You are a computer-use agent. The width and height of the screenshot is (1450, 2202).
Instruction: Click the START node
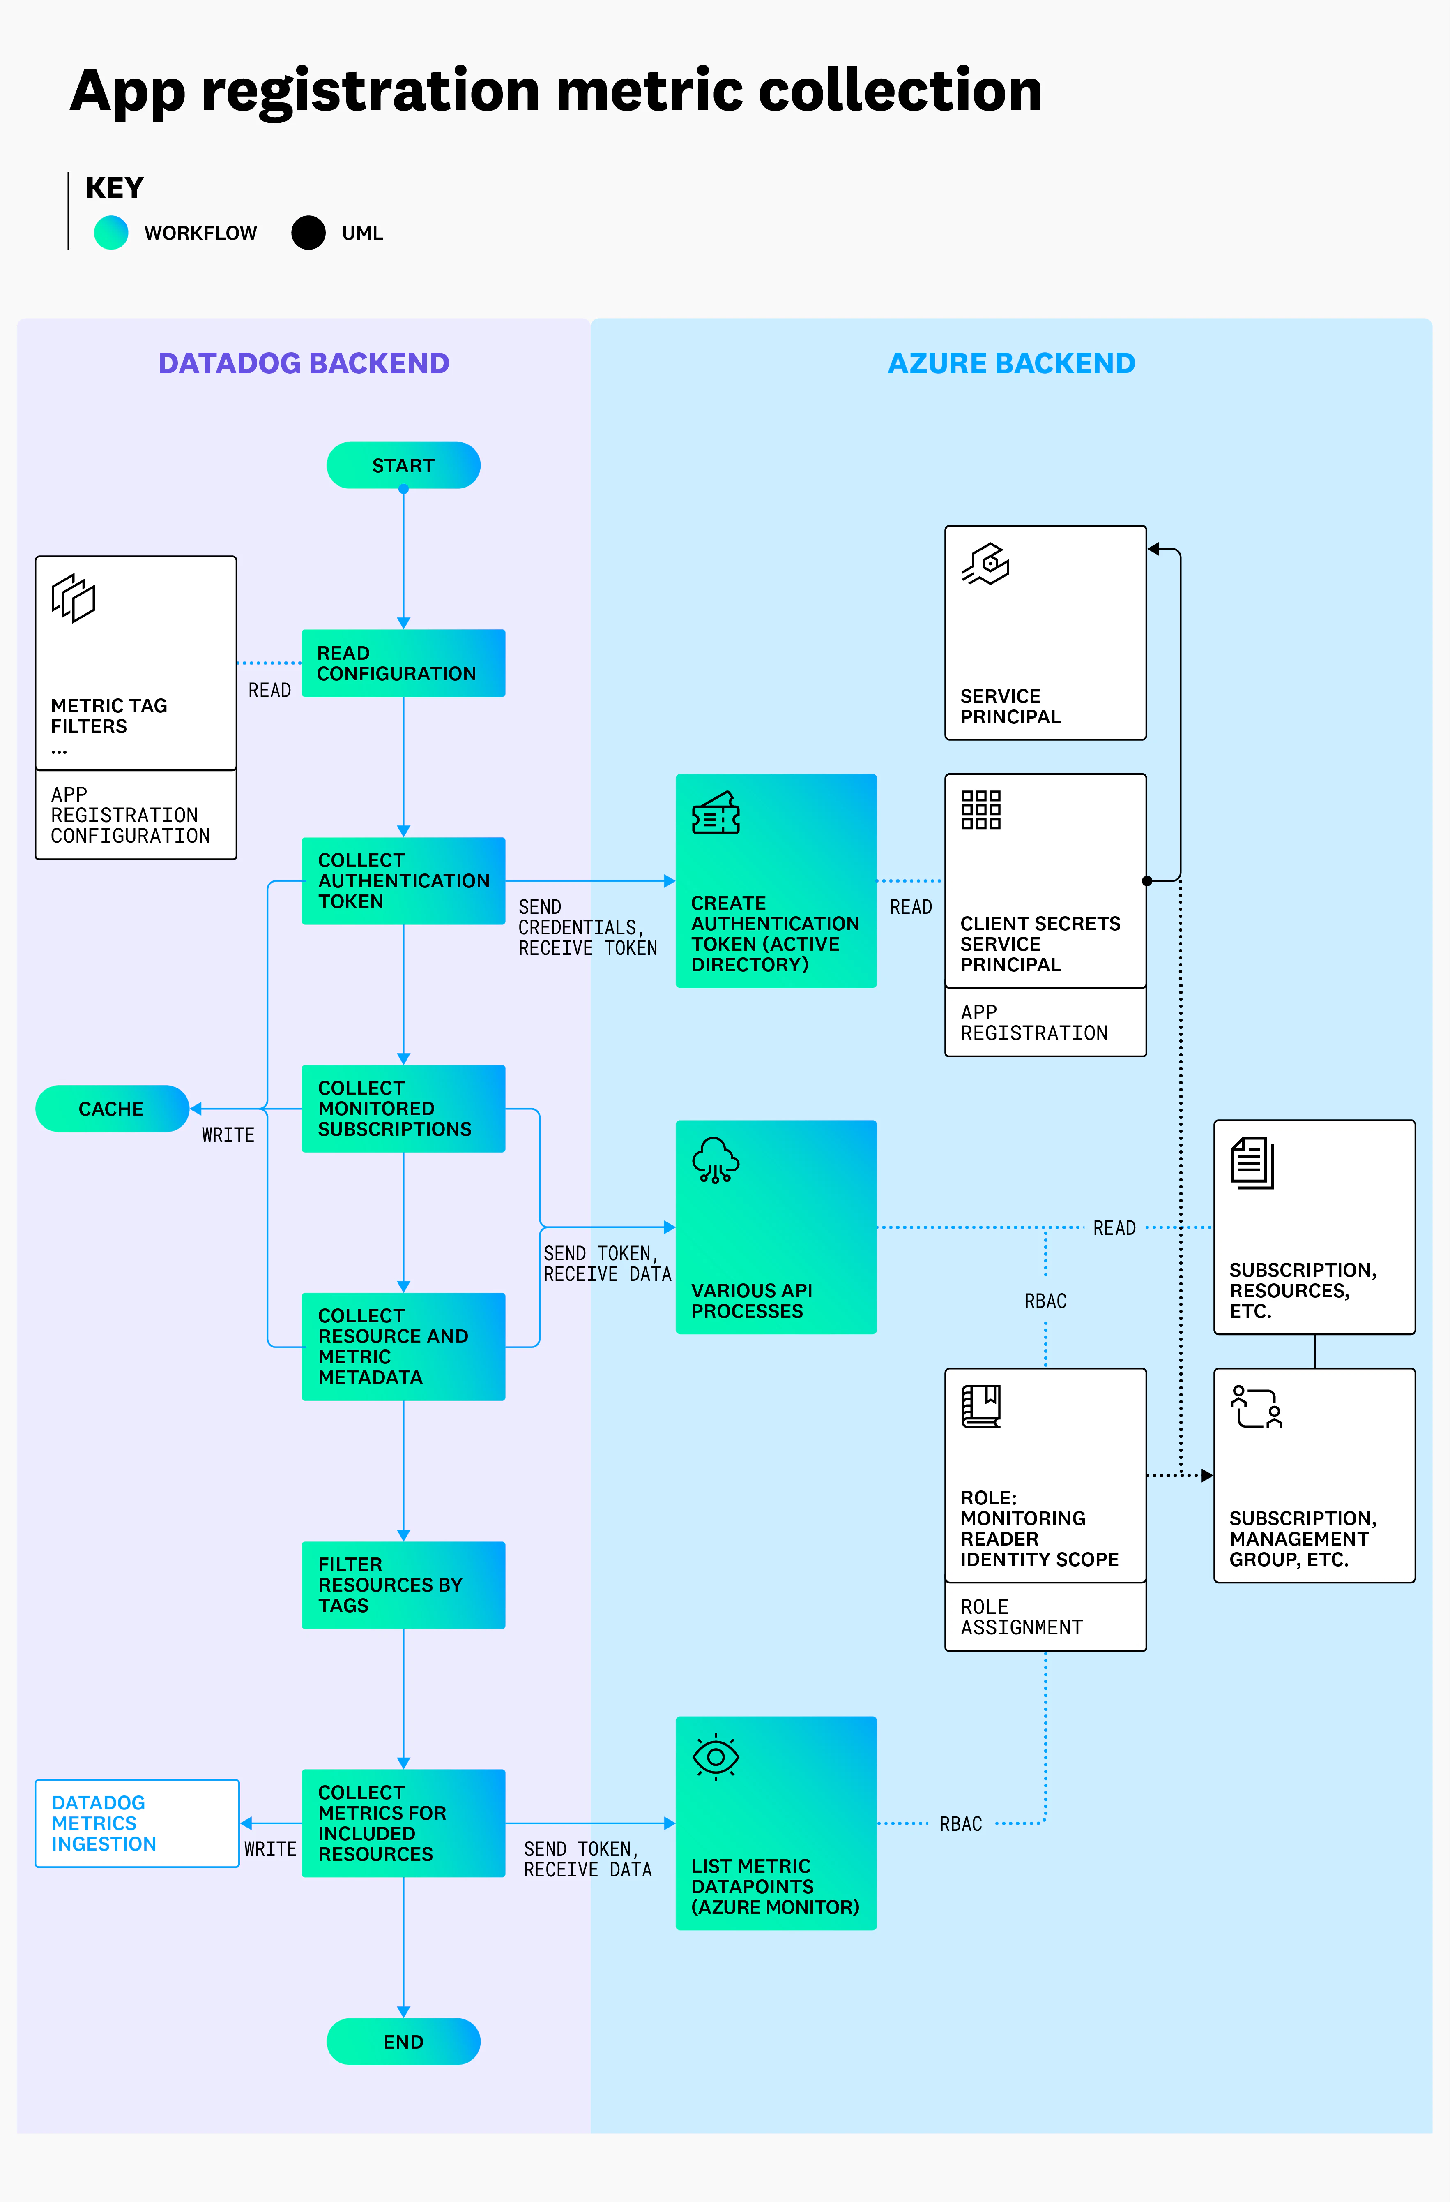coord(403,465)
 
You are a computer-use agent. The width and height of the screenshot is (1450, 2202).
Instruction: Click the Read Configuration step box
coord(403,663)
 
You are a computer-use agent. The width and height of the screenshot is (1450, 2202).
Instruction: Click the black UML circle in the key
coord(308,232)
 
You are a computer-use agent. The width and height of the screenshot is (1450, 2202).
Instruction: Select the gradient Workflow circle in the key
coord(111,232)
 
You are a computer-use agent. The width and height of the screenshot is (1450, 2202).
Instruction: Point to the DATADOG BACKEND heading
coord(303,363)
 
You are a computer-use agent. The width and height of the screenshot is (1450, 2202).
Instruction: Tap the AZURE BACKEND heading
coord(1011,363)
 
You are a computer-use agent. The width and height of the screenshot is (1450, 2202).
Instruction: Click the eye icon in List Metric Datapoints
coord(716,1756)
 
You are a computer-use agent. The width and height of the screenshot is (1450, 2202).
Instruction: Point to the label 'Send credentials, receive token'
coord(587,927)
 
